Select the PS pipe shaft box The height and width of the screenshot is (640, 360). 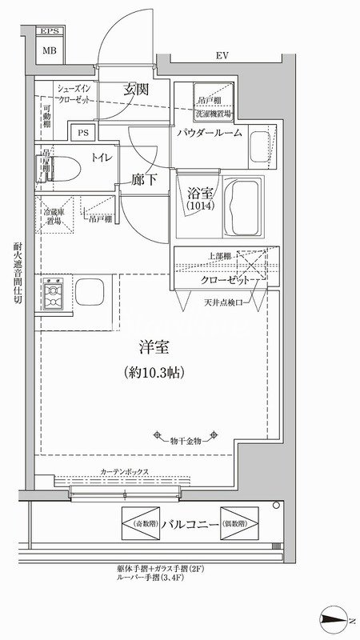coord(83,134)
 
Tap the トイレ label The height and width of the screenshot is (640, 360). coord(102,158)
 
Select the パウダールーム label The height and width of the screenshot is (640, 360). coord(210,134)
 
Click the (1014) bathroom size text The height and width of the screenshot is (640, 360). coord(197,206)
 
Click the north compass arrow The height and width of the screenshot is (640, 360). coord(335,617)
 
